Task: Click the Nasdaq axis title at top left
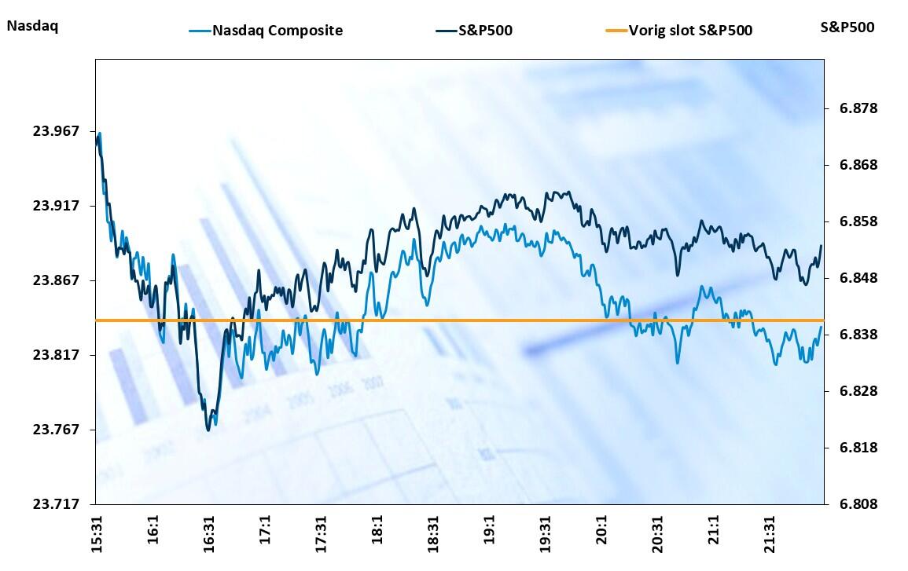coord(32,25)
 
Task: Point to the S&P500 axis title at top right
coord(847,27)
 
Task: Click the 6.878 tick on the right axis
coord(847,108)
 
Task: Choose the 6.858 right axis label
coord(847,221)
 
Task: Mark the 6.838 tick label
coord(847,335)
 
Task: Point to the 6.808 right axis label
coord(847,504)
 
